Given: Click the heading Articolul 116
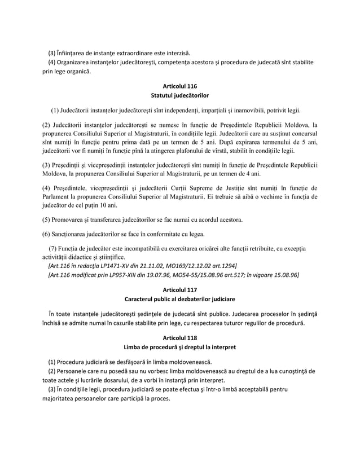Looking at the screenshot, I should (x=180, y=86).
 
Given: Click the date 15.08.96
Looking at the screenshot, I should (x=286, y=275).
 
